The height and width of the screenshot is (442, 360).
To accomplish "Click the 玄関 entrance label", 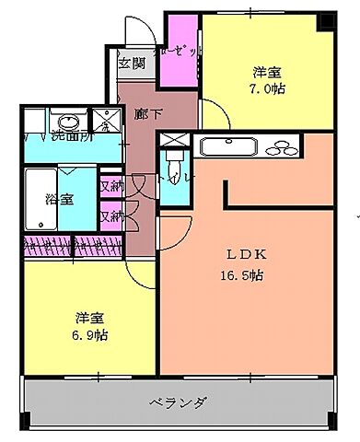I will coord(132,64).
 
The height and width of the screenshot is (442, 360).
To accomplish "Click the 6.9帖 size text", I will coord(91,334).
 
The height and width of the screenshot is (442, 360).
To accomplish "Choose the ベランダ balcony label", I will coord(177,401).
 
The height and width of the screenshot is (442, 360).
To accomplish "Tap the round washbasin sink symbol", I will coord(67,121).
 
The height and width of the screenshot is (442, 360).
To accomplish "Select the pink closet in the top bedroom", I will coord(180,52).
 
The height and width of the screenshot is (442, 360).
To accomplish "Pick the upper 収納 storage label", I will coord(111,186).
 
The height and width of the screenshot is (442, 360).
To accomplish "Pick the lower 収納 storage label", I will coord(111,217).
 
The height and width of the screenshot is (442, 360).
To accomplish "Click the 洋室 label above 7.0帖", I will coord(267,72).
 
